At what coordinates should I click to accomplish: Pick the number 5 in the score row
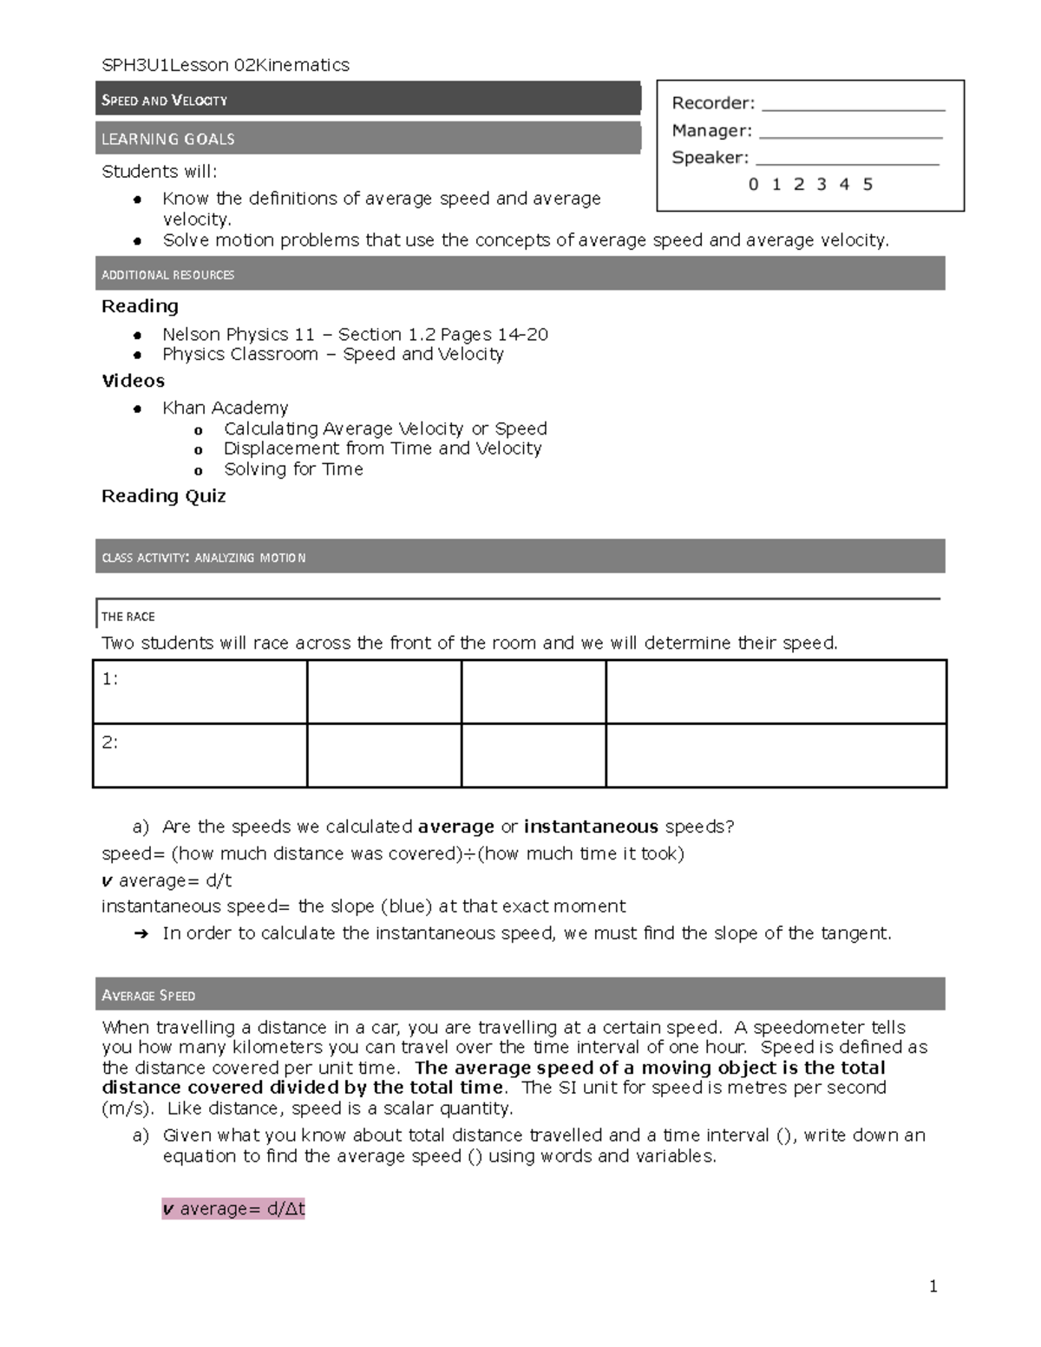(867, 184)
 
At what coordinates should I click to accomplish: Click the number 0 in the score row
(753, 184)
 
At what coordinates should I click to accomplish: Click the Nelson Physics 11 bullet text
(355, 334)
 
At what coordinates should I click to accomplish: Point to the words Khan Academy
(225, 408)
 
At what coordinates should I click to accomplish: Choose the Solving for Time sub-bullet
(293, 469)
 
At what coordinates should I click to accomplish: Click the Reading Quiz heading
(164, 496)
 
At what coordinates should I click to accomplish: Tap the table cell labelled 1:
(200, 691)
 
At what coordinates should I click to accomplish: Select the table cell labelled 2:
(200, 755)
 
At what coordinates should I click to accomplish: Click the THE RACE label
(128, 617)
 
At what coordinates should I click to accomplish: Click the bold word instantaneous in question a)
(591, 827)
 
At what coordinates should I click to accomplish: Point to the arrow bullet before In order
(141, 934)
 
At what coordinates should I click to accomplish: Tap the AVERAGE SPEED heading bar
(520, 995)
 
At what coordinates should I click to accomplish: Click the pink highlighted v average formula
(233, 1208)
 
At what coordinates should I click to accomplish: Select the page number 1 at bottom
(933, 1286)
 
